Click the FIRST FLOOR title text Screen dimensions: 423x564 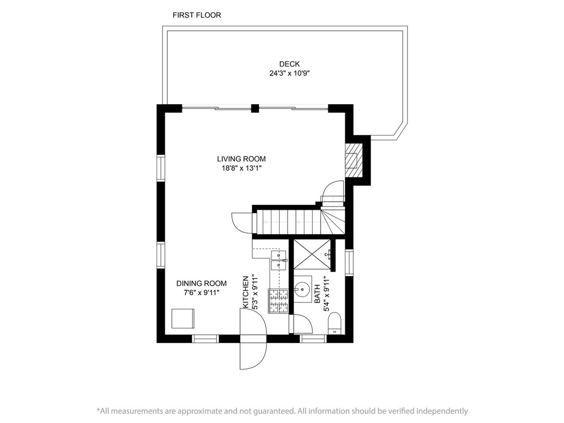pos(197,15)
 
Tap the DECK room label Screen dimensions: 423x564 pos(289,64)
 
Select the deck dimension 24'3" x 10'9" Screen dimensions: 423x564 pos(289,73)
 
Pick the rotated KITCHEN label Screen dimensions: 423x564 pos(246,291)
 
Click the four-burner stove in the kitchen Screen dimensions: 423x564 pos(279,301)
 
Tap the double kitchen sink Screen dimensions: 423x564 pos(280,260)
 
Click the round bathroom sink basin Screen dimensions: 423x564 pos(303,288)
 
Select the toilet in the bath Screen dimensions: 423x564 pos(335,323)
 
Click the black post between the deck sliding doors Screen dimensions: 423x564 pos(254,108)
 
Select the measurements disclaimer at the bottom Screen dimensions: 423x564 pos(282,411)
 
